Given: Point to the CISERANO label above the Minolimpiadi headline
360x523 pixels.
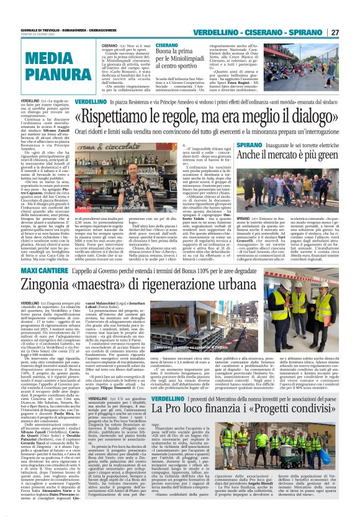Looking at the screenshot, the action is pos(167,45).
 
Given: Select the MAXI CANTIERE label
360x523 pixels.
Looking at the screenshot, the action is pos(25,253).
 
